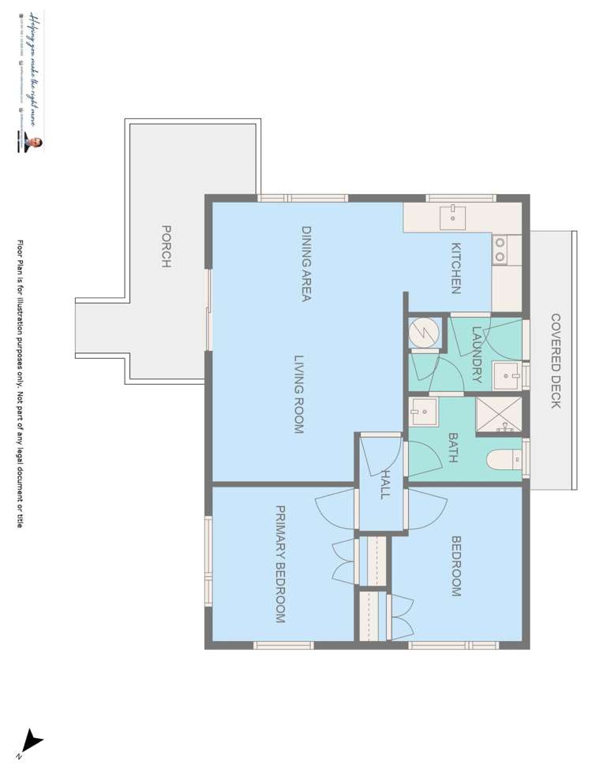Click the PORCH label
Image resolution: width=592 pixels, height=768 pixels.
coord(167,247)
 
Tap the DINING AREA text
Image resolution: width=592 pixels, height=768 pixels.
coord(306,264)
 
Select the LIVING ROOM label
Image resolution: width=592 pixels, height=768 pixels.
coord(299,394)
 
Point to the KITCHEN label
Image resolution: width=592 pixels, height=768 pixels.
coord(455,268)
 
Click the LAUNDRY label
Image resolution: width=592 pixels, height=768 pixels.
coord(476,355)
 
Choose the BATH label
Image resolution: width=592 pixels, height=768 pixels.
coord(453,447)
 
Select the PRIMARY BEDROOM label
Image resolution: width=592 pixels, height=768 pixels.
coord(279,565)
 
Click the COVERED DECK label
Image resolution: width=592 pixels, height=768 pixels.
coord(556,360)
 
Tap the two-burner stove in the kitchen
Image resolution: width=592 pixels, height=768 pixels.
coord(500,250)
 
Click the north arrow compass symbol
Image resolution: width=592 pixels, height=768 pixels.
coord(32,741)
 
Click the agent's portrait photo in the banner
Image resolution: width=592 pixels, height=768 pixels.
coord(36,142)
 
